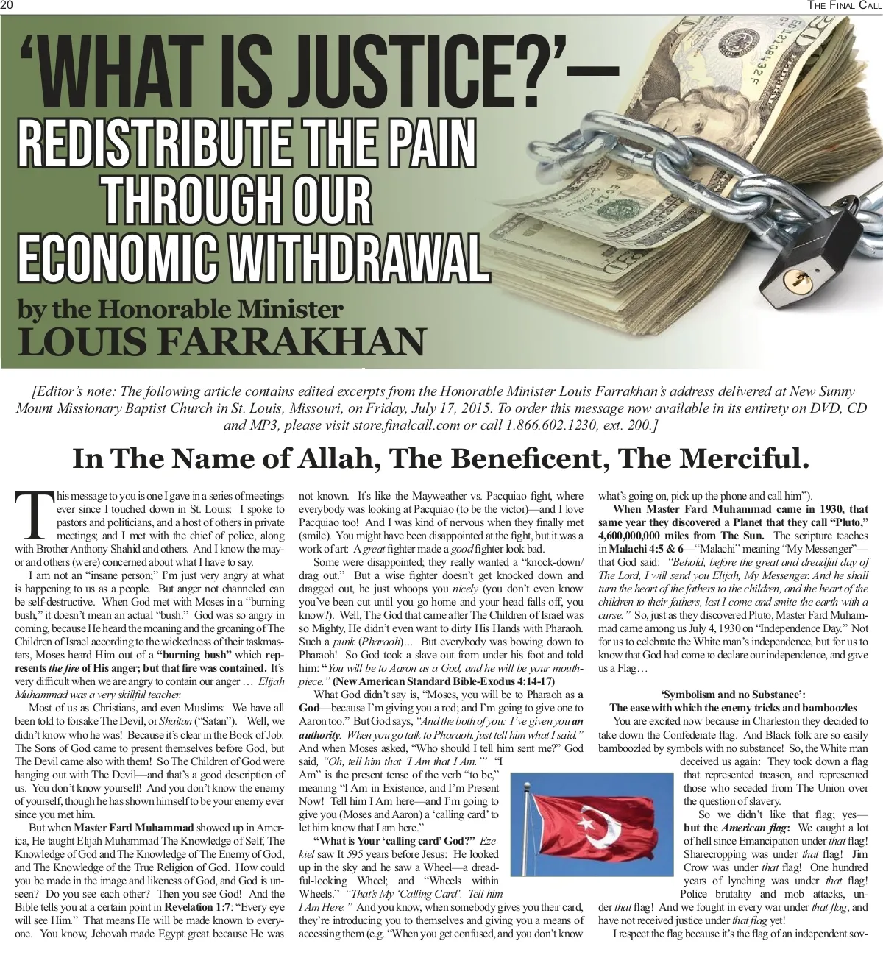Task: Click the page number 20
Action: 8,6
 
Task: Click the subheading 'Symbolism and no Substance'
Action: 733,694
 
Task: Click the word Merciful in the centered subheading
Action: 743,458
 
